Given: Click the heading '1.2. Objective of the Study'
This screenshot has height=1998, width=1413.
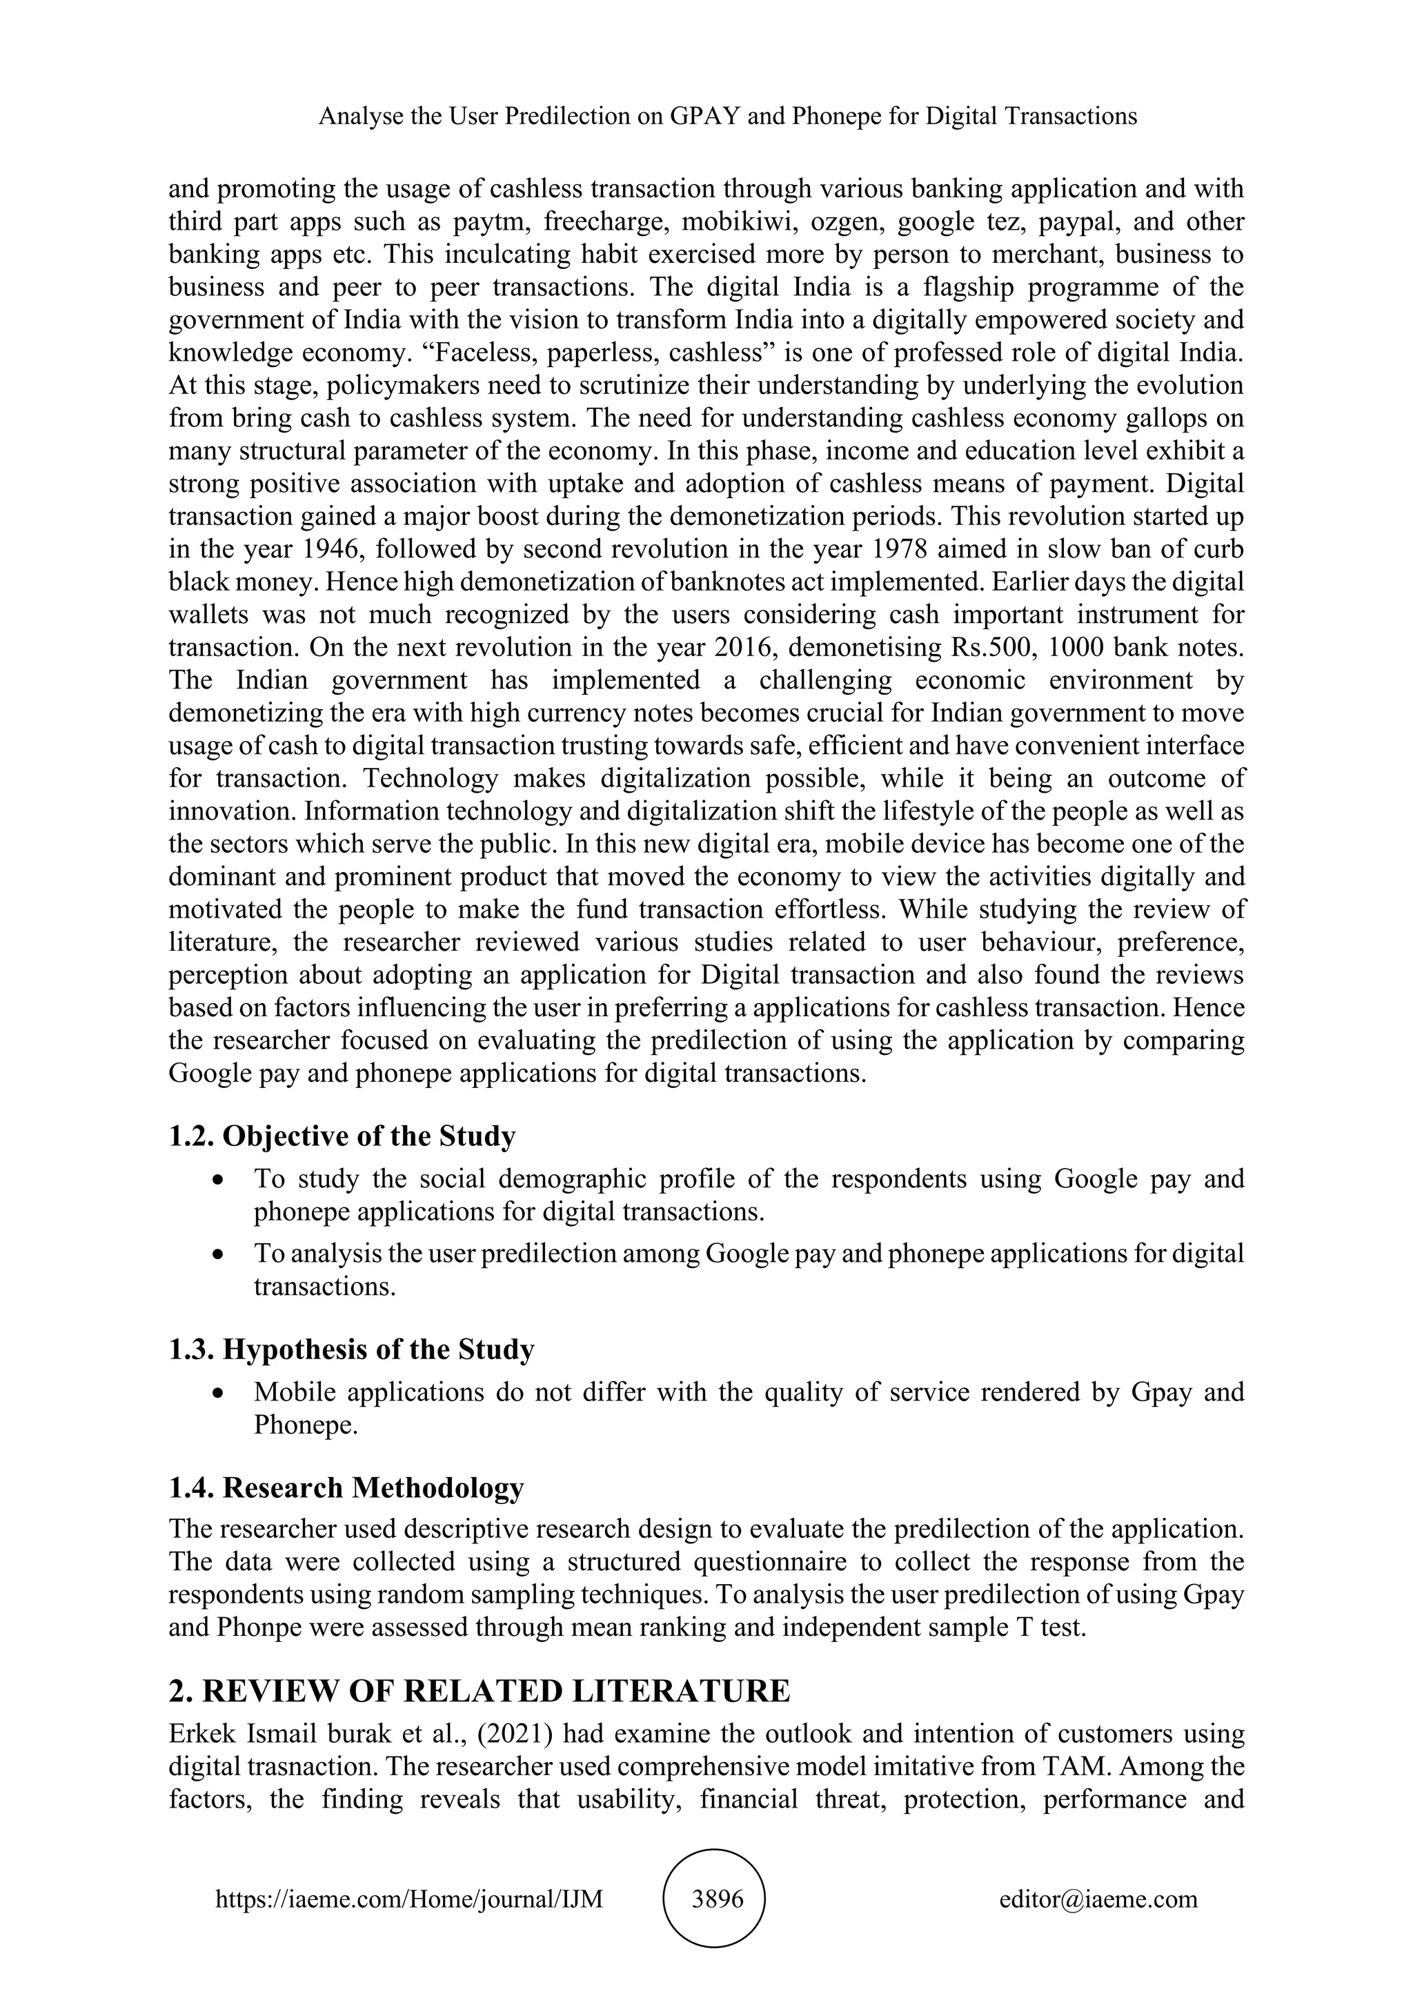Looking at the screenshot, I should click(342, 1136).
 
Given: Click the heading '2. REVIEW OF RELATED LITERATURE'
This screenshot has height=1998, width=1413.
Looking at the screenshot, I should click(480, 1691).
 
